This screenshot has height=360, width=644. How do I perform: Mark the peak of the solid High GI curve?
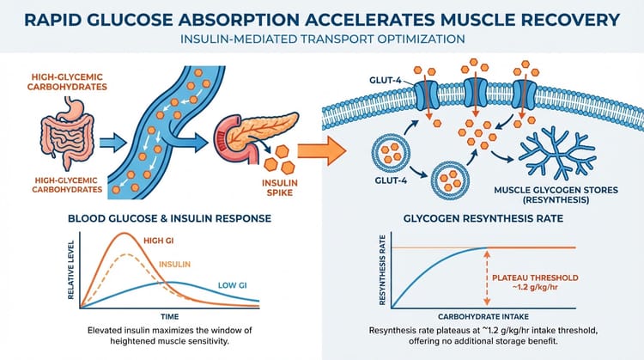click(126, 234)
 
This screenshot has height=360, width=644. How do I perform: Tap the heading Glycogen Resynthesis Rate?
click(483, 218)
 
